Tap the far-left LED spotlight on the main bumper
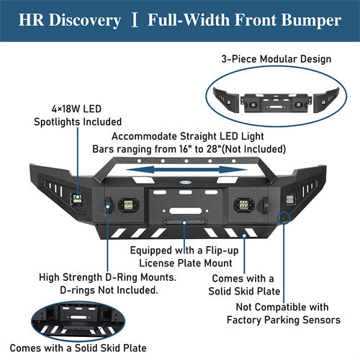tap(76, 199)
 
